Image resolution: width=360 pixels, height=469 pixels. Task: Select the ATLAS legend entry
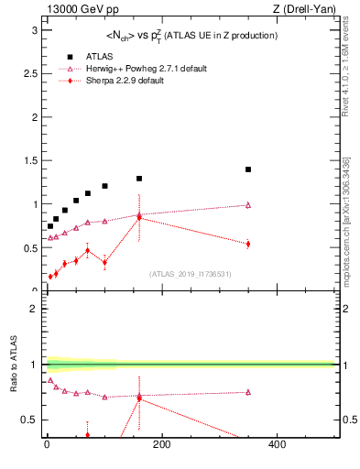click(x=100, y=56)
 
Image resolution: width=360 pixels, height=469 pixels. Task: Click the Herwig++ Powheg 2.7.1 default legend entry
click(x=147, y=69)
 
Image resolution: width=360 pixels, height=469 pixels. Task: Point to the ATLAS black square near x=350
click(x=248, y=169)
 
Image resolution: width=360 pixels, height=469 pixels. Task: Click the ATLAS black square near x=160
click(x=139, y=179)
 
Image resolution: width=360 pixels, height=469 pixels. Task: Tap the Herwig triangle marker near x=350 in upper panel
click(x=248, y=205)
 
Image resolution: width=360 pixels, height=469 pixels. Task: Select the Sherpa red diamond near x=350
click(x=248, y=244)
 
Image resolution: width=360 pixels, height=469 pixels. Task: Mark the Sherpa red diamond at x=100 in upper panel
click(x=104, y=262)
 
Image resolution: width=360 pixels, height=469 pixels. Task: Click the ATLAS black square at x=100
click(x=104, y=186)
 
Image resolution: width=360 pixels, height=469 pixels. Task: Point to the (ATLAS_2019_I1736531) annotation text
click(x=191, y=274)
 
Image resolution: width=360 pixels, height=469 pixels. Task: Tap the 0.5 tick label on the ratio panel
click(x=29, y=420)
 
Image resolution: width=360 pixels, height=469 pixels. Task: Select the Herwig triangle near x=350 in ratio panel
click(x=248, y=392)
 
